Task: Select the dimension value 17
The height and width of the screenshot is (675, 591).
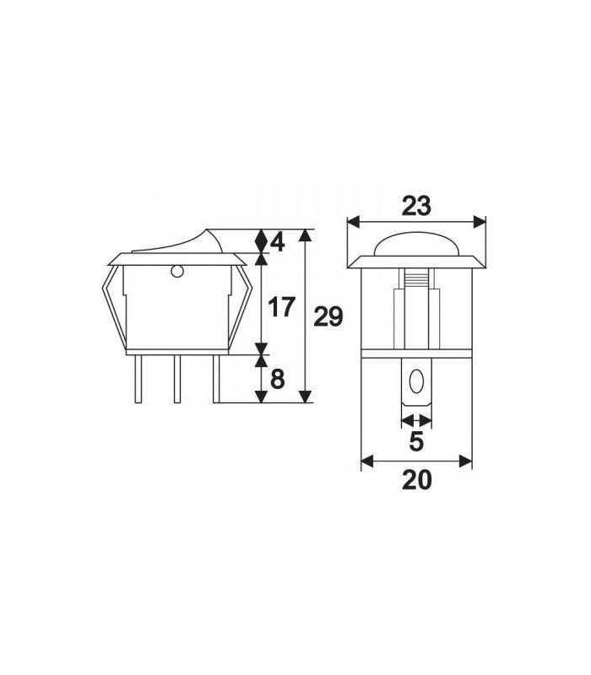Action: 281,306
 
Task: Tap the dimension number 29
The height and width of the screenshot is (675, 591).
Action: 328,317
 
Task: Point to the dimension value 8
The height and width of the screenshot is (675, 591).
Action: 277,379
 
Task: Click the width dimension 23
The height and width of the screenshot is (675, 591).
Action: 415,206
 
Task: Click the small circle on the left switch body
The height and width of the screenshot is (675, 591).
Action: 176,272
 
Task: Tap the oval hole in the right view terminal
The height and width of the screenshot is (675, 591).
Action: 415,385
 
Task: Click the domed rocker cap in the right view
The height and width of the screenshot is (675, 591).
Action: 415,243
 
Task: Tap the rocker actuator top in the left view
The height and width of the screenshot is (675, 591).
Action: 186,240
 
